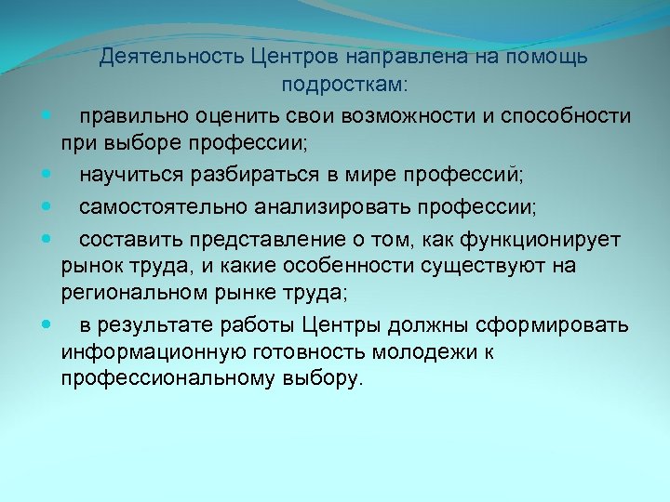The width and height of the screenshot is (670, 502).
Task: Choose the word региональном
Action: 137,295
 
